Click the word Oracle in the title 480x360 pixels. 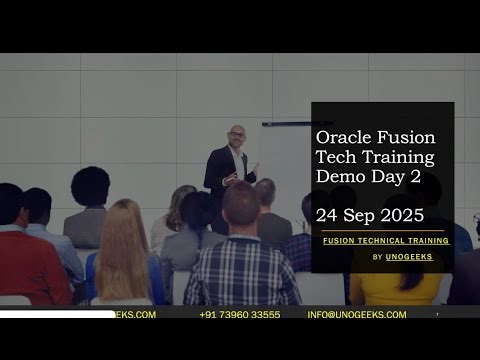pyautogui.click(x=340, y=137)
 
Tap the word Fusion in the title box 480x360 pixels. pyautogui.click(x=409, y=137)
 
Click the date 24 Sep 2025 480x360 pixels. pyautogui.click(x=370, y=215)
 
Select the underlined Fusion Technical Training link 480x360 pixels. pyautogui.click(x=384, y=241)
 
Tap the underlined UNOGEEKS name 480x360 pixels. pyautogui.click(x=410, y=257)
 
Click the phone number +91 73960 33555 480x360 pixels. pyautogui.click(x=239, y=314)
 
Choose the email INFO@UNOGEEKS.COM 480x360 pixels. pyautogui.click(x=357, y=314)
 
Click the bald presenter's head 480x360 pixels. pyautogui.click(x=236, y=135)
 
